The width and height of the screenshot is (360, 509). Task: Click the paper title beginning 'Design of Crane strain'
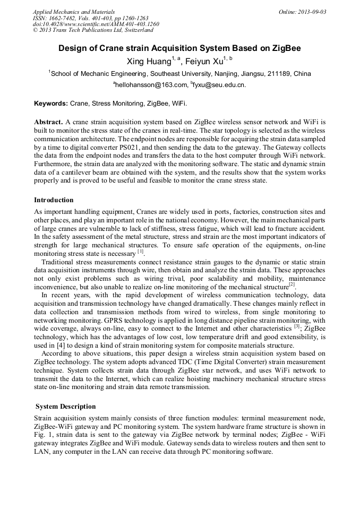tap(179, 48)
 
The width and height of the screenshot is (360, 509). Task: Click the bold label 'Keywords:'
tap(51, 103)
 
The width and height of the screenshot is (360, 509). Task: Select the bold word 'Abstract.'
tap(49, 122)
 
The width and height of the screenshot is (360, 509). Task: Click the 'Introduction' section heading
tap(54, 200)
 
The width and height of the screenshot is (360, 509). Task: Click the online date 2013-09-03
tap(308, 12)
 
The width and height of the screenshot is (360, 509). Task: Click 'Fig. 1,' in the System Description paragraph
tap(44, 435)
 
